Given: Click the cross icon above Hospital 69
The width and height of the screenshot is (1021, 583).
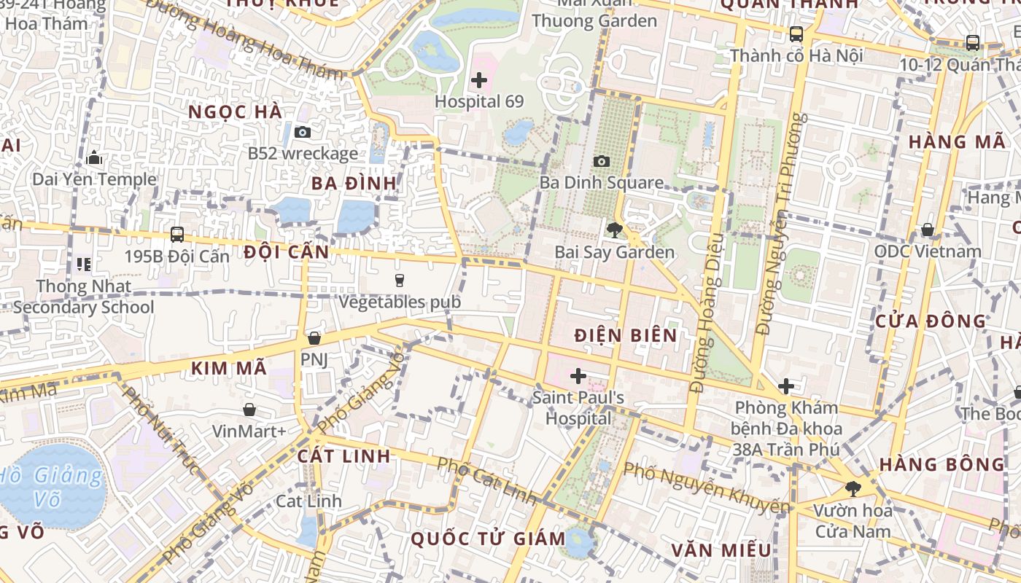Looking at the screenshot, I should point(479,80).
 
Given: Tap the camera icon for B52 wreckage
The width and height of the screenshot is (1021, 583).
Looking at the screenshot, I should point(303,132).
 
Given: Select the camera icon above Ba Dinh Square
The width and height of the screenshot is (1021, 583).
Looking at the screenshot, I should point(602,161).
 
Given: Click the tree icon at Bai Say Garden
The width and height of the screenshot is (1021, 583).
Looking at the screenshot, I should point(614,230).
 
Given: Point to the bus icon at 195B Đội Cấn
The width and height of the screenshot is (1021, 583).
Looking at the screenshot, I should point(177,235).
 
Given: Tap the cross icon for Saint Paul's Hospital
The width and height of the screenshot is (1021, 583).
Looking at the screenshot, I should point(578,376).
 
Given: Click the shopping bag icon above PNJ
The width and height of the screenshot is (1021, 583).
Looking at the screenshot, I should point(314,338).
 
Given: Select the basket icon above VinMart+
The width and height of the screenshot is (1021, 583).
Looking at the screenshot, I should point(249,410).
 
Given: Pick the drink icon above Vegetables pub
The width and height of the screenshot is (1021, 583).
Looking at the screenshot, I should point(400,280).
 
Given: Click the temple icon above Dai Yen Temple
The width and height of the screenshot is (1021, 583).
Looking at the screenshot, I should point(94,157).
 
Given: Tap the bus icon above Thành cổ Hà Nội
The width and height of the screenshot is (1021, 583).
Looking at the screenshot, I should point(796,34).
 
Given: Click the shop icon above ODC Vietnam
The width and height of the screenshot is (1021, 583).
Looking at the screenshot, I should point(928,230).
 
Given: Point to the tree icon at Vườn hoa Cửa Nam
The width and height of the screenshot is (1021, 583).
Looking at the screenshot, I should point(853,488).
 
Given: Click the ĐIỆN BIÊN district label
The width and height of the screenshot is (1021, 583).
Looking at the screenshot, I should point(626,335).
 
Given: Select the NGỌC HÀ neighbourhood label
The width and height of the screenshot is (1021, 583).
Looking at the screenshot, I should point(235,112).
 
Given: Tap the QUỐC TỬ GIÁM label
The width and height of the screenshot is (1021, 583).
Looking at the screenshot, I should point(492,539).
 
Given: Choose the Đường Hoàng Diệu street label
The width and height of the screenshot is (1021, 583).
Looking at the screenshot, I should point(707,313).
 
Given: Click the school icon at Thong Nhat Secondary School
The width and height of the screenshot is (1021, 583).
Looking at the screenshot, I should point(84,264).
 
